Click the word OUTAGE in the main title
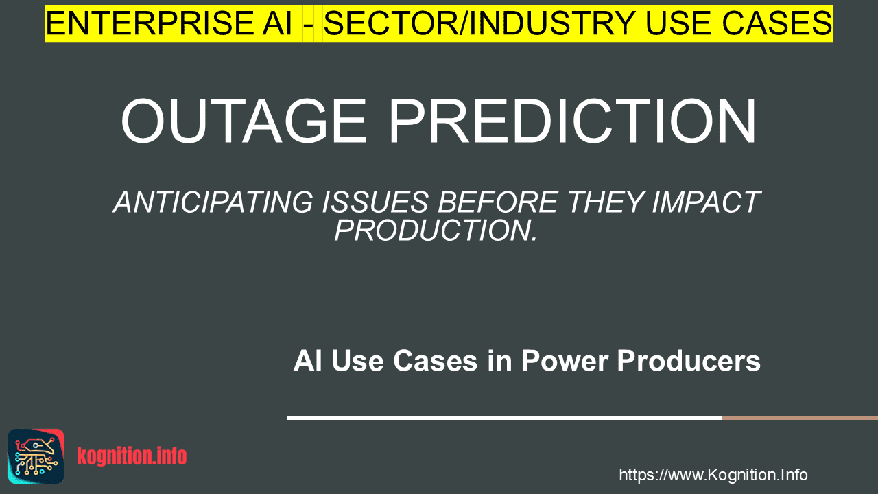244,121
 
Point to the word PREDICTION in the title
572,121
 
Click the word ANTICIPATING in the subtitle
213,202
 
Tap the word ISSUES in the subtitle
375,202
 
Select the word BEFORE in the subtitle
498,202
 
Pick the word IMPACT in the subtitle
706,202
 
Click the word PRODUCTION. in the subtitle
436,230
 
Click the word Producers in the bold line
689,360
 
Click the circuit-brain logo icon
36,456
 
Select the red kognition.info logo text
132,456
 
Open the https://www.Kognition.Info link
713,475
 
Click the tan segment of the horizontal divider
800,418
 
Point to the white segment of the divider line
504,418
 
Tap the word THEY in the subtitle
605,202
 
